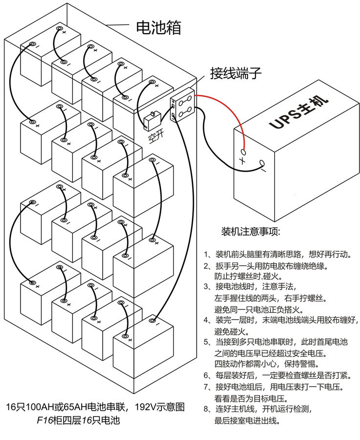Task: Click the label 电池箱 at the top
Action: tap(157, 27)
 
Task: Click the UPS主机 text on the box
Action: tap(298, 112)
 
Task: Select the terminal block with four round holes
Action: tap(183, 109)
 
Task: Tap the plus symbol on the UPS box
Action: tap(242, 160)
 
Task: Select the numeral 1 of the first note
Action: tap(206, 255)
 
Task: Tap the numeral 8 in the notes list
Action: tap(206, 408)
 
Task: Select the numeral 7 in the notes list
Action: tap(206, 387)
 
